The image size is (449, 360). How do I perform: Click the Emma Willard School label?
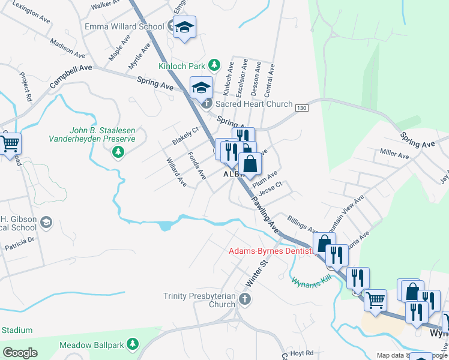(124, 26)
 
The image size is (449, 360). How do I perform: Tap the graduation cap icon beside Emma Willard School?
(185, 26)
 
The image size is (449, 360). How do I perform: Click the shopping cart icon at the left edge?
(10, 144)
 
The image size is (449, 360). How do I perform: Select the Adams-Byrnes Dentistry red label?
(271, 251)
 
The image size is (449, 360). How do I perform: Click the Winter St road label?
(255, 273)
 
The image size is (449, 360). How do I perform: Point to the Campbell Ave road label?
(71, 77)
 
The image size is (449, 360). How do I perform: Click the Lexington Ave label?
(29, 12)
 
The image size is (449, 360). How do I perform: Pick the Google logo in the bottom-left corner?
(20, 352)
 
